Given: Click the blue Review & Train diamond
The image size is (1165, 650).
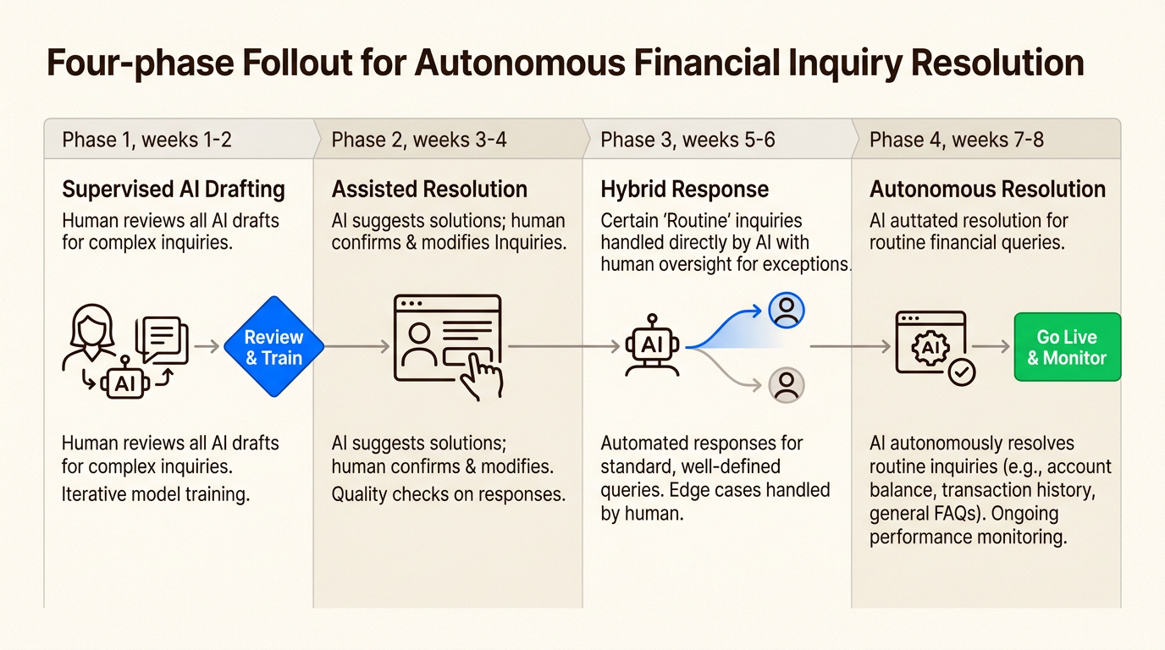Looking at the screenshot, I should (273, 347).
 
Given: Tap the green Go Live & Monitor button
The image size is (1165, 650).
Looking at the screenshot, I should (1067, 347).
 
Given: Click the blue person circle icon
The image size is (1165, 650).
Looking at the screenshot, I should (787, 311).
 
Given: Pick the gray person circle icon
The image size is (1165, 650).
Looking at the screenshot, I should (787, 385).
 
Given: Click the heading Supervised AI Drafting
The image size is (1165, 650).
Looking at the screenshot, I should (174, 189).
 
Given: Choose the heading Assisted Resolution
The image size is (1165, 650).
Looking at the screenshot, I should (429, 189).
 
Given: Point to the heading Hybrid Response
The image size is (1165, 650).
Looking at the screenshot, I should (684, 189).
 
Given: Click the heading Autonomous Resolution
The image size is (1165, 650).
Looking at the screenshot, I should (987, 189).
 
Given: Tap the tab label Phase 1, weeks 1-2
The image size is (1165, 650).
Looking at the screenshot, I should (146, 140).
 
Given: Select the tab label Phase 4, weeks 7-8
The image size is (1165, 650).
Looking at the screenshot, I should (957, 140).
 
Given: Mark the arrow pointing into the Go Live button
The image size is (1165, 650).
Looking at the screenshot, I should (991, 346).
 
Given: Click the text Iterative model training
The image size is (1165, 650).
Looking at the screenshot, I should (156, 494).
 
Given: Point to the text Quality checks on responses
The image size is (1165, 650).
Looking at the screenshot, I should (448, 494).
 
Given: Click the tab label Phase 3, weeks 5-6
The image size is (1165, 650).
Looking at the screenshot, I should (687, 140).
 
